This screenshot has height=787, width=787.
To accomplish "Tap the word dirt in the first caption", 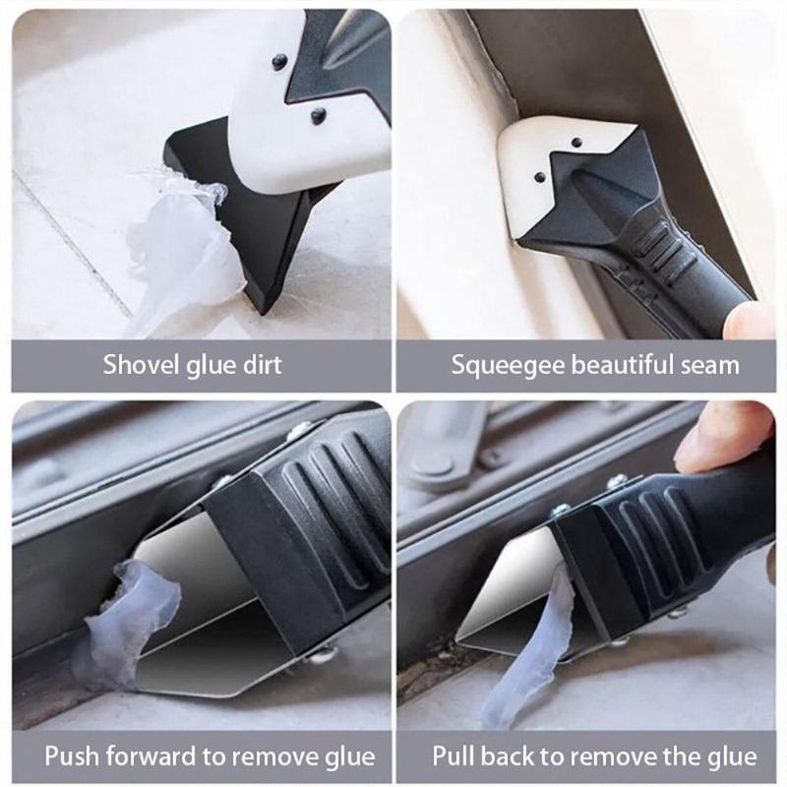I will tap(259, 365).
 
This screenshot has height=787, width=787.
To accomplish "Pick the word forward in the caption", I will tap(151, 756).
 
